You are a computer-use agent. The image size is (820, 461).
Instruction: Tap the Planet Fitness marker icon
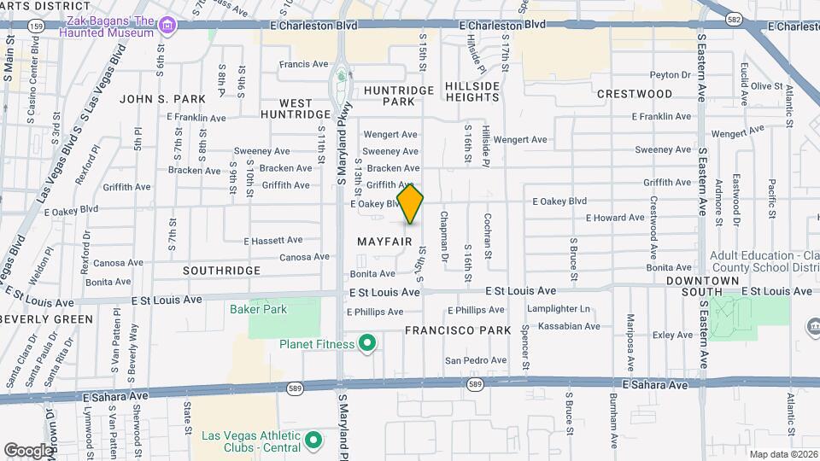[x=368, y=344]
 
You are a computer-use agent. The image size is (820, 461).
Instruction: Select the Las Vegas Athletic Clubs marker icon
[x=313, y=441]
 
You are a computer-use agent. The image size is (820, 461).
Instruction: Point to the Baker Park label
[x=259, y=309]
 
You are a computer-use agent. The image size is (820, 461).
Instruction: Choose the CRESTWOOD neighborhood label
[x=635, y=93]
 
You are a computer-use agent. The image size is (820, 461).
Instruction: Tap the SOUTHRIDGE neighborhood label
[x=221, y=270]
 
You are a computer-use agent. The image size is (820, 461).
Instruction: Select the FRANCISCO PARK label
[x=458, y=330]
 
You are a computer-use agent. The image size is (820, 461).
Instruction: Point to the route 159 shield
[x=35, y=26]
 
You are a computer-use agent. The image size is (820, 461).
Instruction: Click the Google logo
[x=28, y=450]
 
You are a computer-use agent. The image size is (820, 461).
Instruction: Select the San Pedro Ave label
[x=474, y=360]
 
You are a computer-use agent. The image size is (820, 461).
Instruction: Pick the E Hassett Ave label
[x=273, y=241]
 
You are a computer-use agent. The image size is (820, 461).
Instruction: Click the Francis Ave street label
[x=303, y=64]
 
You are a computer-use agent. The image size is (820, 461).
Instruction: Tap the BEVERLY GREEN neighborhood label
[x=47, y=319]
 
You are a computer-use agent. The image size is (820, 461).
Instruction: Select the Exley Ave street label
[x=673, y=336]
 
